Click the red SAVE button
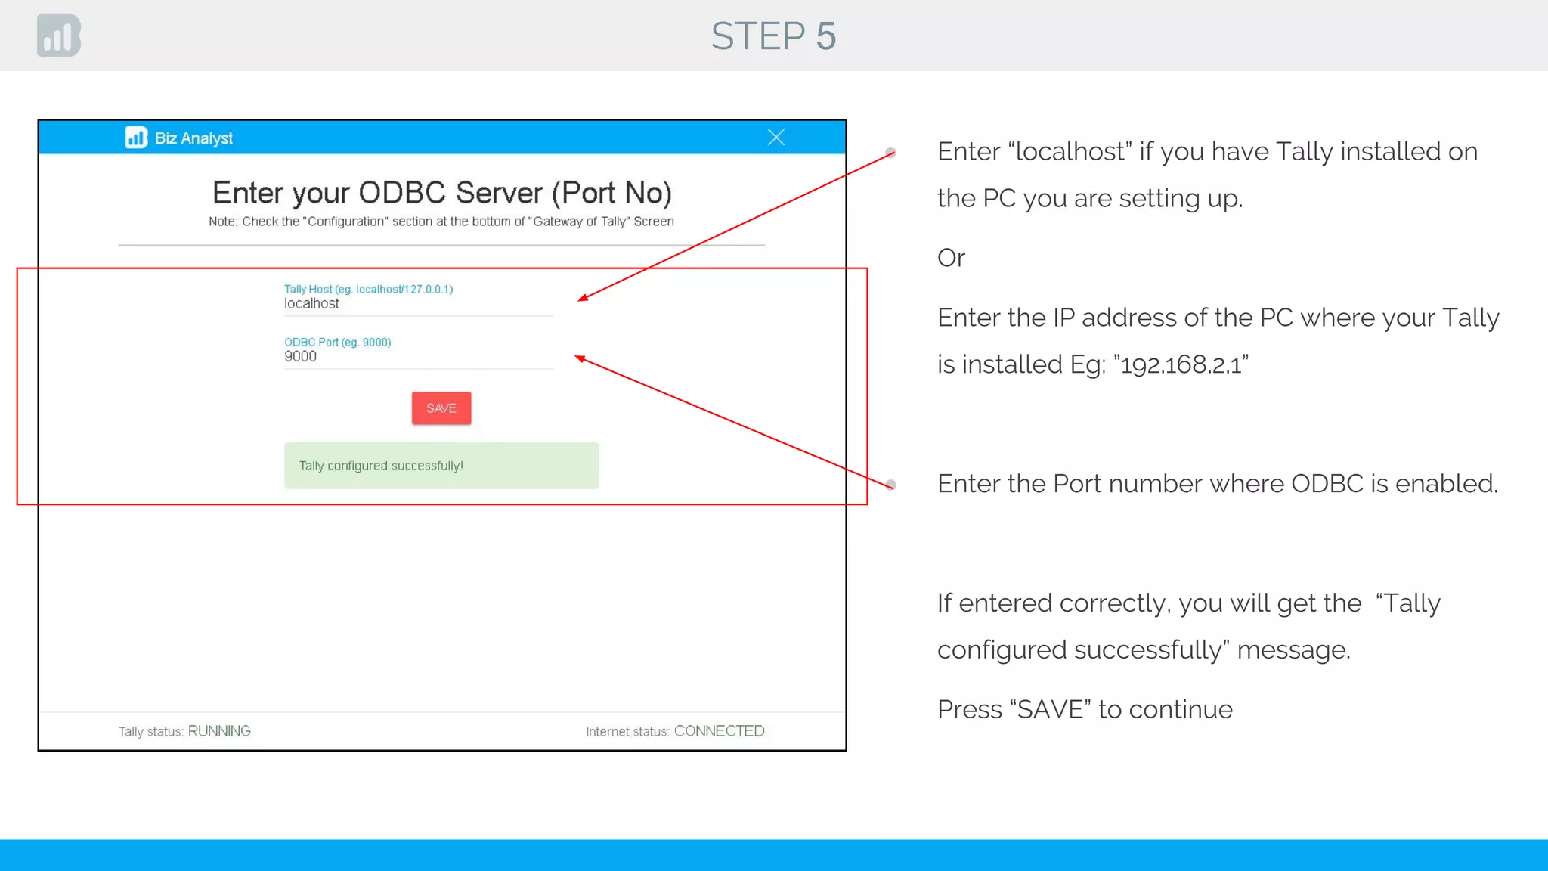[441, 408]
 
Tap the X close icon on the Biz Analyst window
[776, 138]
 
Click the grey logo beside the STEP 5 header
[59, 36]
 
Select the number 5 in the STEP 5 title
[826, 36]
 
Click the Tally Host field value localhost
[312, 304]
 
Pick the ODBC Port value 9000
[301, 357]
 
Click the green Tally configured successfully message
[441, 466]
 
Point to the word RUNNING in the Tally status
[219, 731]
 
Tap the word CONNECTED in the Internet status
[719, 731]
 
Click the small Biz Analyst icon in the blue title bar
[136, 138]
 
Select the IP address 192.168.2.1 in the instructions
[1181, 365]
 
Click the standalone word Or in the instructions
[951, 259]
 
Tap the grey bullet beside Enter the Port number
[891, 485]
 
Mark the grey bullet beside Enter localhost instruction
[891, 153]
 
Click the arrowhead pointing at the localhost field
[583, 298]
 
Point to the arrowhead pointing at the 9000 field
[580, 358]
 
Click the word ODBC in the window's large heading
[402, 194]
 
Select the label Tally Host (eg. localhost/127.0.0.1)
[368, 289]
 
